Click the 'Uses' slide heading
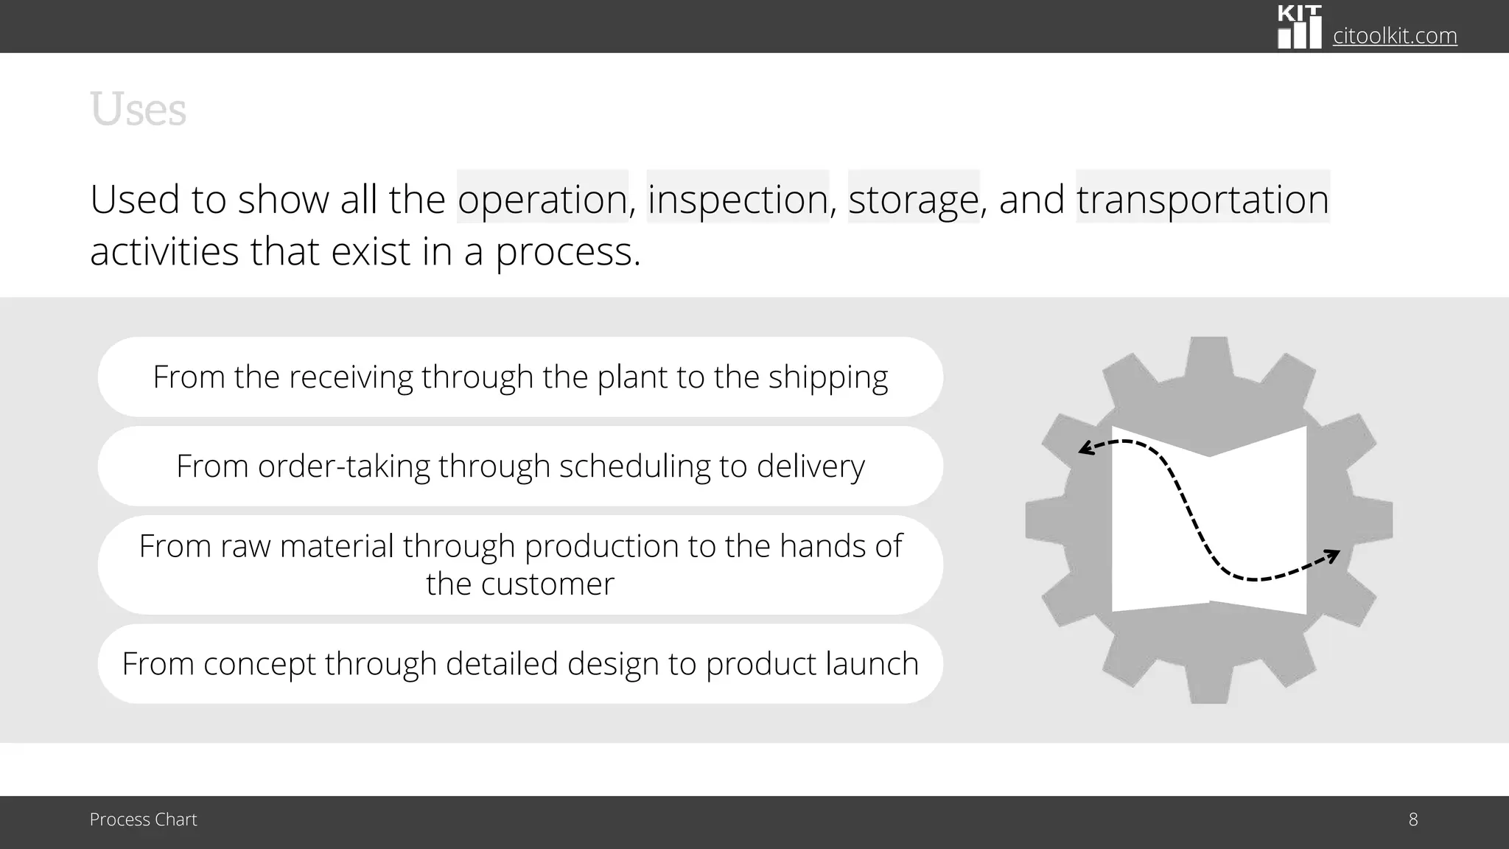pos(138,110)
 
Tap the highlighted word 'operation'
pos(542,199)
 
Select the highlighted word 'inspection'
pos(738,199)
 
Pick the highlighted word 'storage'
pos(914,199)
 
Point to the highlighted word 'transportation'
pos(1202,199)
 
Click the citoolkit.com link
pos(1395,35)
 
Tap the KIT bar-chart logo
pos(1299,28)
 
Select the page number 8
pos(1412,820)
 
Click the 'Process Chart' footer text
pos(143,820)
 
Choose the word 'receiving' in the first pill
pos(350,377)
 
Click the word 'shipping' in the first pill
pos(828,377)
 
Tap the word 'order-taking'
pos(343,467)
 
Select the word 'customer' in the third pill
pos(547,584)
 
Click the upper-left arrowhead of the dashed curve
pos(1085,448)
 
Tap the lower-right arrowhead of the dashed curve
pos(1332,555)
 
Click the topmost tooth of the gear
pos(1208,354)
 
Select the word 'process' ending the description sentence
pos(563,252)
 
